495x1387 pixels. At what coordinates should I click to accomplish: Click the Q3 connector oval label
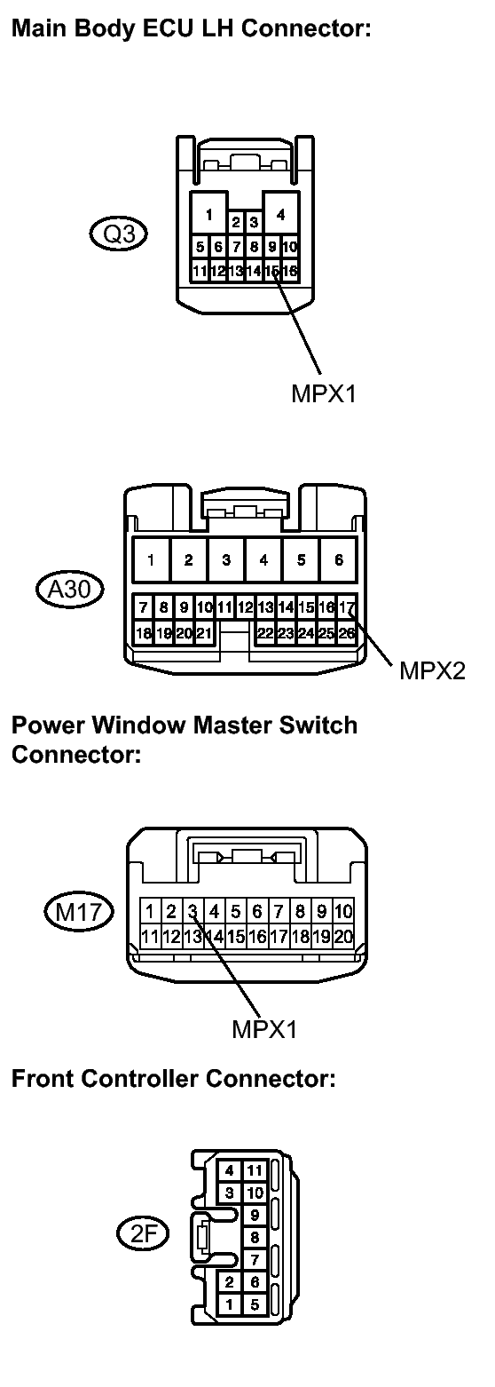coord(119,234)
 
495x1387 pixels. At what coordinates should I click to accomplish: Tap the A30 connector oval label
coord(70,589)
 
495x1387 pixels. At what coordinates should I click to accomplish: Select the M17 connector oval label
coord(80,911)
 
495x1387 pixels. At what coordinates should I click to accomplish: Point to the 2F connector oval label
coord(143,1234)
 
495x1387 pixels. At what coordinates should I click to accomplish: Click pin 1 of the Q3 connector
coord(209,214)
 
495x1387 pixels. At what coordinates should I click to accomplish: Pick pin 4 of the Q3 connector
coord(281,214)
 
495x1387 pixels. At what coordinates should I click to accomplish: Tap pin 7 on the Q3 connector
coord(236,247)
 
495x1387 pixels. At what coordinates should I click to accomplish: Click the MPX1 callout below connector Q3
coord(324,393)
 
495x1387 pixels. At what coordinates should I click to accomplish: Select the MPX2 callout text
coord(432,670)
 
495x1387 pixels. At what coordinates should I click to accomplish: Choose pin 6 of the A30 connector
coord(339,559)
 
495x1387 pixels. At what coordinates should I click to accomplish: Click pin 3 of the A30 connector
coord(226,559)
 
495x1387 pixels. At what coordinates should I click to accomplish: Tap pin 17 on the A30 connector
coord(347,607)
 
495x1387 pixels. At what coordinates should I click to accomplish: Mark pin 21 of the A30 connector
coord(204,633)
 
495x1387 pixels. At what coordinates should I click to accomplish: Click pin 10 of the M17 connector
coord(343,911)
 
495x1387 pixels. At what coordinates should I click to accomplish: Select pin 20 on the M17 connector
coord(343,936)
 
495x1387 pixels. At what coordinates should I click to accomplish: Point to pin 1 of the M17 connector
coord(150,911)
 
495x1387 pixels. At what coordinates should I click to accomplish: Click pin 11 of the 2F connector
coord(255,1170)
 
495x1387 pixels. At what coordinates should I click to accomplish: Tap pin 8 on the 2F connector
coord(255,1237)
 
